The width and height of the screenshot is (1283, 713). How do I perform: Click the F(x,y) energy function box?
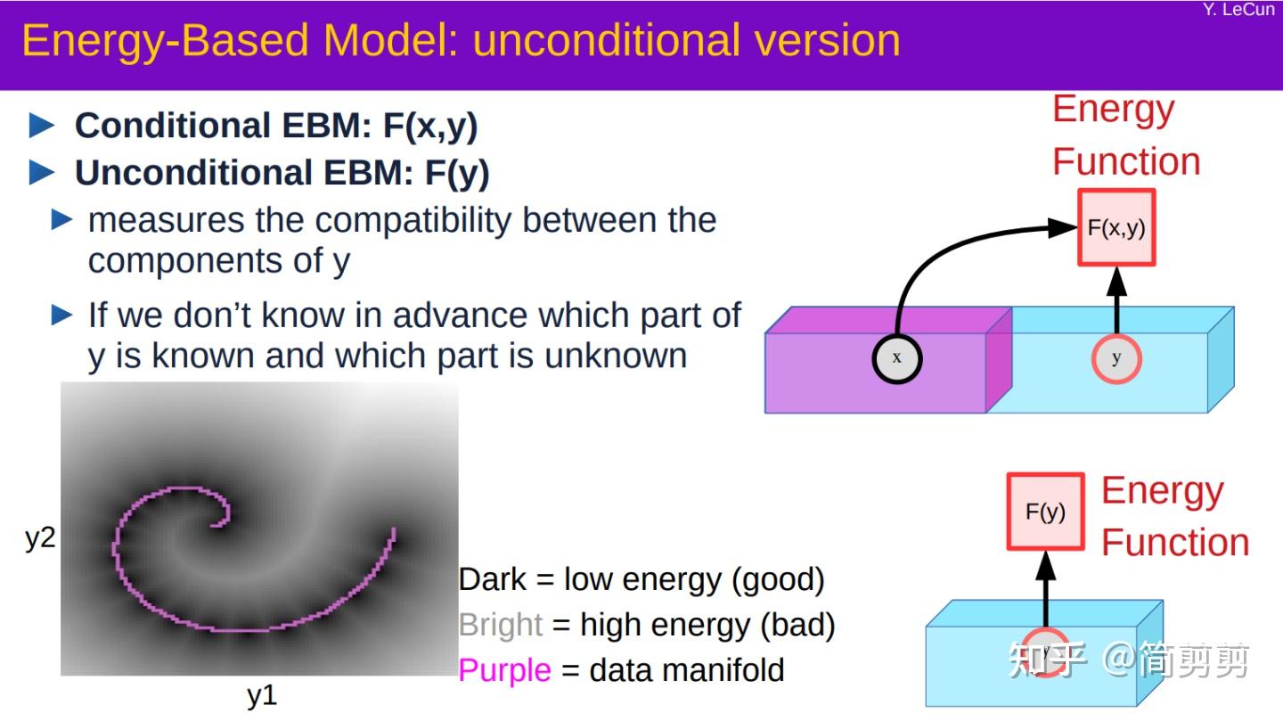1116,227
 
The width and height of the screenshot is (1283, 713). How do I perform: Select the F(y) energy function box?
1045,512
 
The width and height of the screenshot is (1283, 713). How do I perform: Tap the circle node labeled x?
896,358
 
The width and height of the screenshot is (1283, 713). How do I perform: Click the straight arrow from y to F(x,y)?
1116,299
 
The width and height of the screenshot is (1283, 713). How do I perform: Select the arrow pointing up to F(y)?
1045,588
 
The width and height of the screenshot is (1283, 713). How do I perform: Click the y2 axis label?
40,537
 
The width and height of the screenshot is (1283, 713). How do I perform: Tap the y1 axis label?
262,696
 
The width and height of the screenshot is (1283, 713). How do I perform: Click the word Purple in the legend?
504,669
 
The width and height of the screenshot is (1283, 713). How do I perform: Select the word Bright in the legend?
500,625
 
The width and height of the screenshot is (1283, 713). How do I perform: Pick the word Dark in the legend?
493,580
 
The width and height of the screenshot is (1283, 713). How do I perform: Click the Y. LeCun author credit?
1238,10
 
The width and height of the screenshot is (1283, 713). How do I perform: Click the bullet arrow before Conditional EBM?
42,126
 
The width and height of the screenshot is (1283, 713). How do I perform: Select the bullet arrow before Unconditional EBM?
42,173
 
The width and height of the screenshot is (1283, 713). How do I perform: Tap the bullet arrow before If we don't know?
62,315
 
